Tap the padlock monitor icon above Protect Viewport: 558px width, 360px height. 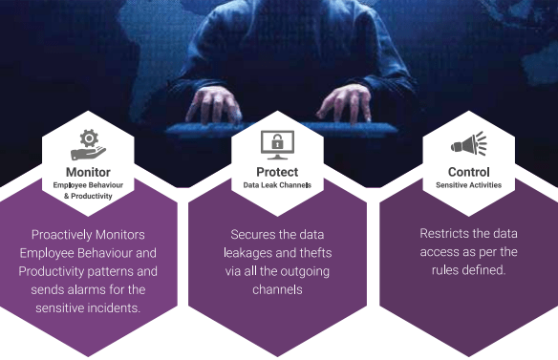coord(277,145)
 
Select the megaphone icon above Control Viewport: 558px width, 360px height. coord(468,145)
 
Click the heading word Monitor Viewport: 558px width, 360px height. coord(88,172)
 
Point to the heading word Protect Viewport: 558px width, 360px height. coord(277,172)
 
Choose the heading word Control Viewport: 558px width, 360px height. coord(468,172)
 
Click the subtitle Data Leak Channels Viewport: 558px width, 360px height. coord(277,184)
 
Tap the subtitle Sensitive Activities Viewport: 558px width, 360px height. coord(468,184)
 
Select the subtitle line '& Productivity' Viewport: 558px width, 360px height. coord(88,196)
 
